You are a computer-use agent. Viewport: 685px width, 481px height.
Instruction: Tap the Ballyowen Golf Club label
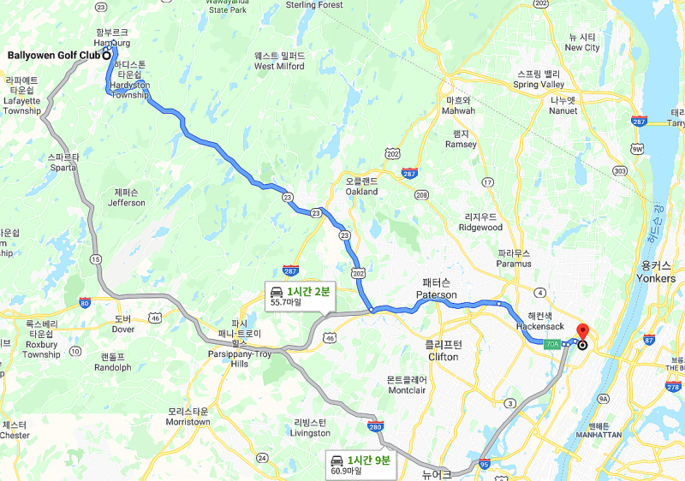click(53, 56)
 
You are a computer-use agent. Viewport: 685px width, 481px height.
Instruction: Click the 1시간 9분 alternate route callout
click(359, 464)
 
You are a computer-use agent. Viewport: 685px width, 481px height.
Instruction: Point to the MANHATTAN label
click(599, 435)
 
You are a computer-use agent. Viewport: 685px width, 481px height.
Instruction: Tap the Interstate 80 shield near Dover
click(84, 302)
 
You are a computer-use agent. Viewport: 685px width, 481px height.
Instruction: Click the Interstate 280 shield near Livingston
click(374, 426)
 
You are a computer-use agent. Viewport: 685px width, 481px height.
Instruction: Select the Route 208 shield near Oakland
click(421, 195)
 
